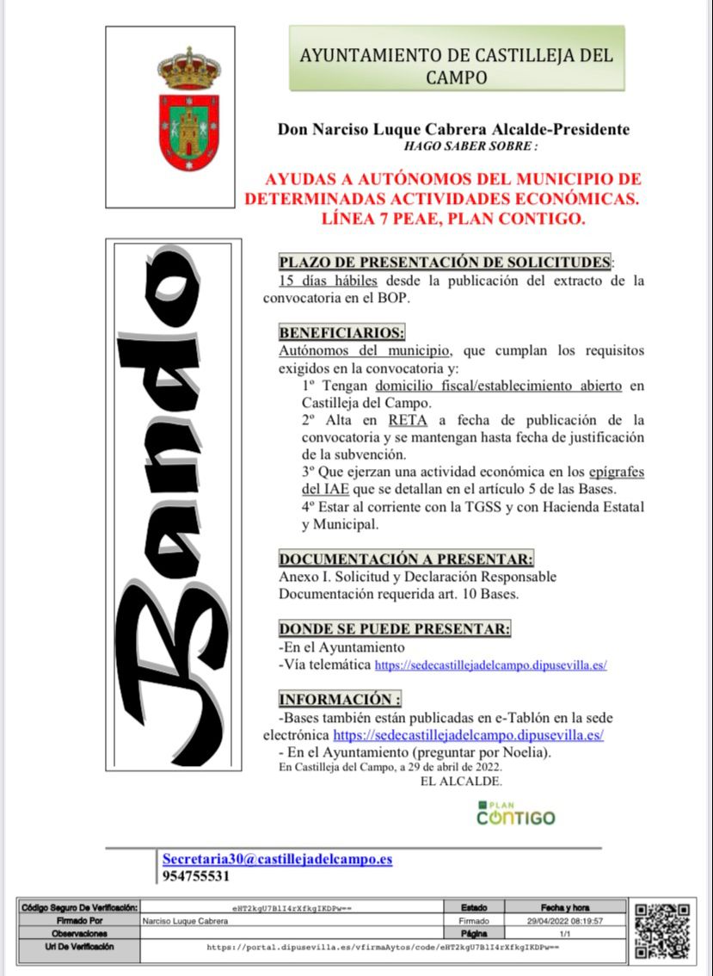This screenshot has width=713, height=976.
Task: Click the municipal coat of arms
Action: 188,109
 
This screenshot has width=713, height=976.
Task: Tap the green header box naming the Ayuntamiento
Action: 456,58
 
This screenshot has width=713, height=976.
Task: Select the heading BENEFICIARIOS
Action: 341,332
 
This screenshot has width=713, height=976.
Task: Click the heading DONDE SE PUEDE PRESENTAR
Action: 395,628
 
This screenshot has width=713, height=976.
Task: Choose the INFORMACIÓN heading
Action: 340,699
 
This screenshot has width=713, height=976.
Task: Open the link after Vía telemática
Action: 491,665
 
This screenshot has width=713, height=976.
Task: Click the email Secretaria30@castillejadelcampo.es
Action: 277,859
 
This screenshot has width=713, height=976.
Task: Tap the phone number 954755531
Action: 195,876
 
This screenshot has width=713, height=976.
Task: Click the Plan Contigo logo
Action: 516,813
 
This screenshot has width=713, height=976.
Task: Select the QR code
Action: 661,932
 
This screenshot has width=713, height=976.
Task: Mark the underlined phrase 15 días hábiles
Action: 328,281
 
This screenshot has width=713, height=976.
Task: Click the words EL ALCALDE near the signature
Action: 460,781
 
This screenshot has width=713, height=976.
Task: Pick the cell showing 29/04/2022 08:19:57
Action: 563,920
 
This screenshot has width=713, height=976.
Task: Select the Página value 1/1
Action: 564,933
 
